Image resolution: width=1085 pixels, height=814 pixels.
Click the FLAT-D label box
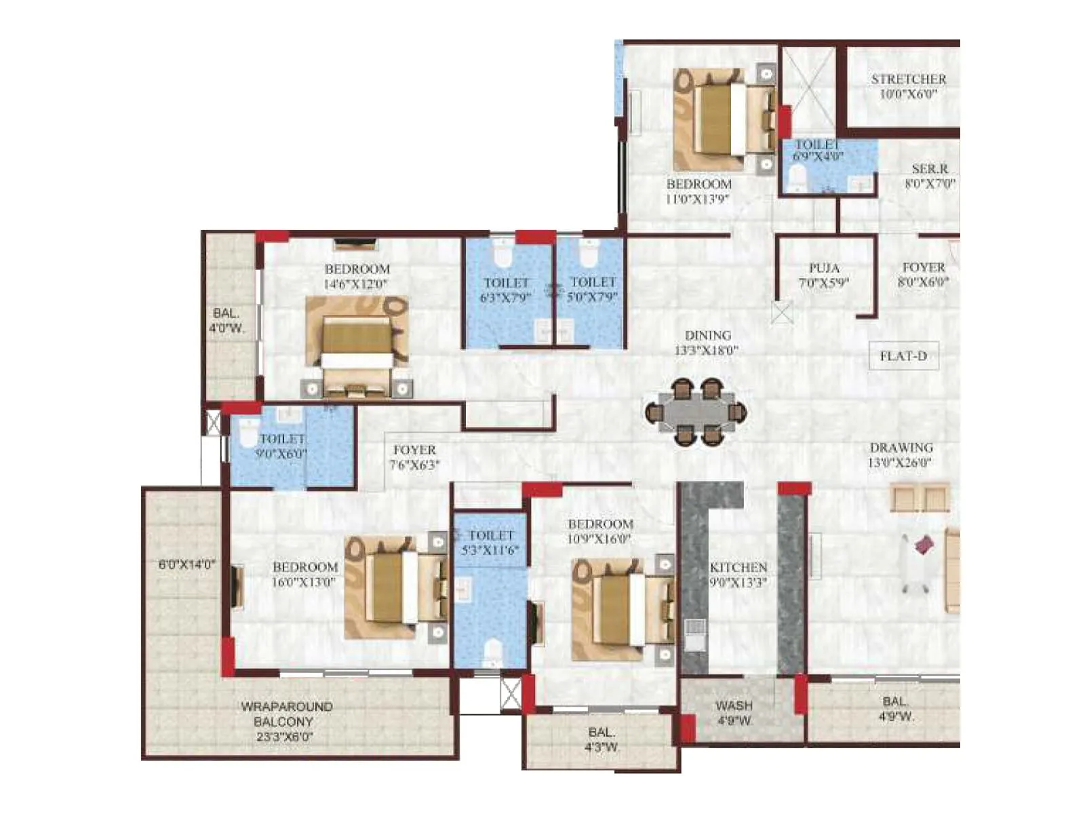point(903,356)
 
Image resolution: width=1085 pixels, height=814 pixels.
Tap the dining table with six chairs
point(696,412)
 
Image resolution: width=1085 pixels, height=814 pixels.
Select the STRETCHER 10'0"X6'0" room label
point(908,86)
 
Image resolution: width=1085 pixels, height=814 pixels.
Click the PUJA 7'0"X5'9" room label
point(823,275)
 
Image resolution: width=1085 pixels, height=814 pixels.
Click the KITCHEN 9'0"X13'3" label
point(738,574)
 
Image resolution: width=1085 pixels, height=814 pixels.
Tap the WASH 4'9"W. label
point(734,712)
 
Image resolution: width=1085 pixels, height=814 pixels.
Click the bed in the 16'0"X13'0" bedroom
point(393,587)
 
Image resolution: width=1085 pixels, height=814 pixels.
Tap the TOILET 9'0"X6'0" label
point(281,446)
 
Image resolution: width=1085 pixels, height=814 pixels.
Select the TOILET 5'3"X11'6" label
point(490,543)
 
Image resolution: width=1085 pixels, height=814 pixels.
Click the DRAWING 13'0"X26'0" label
point(901,455)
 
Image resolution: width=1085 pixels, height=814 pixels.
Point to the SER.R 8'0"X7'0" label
point(929,176)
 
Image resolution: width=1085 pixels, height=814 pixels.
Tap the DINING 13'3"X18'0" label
point(707,343)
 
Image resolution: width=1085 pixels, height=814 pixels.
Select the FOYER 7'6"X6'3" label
point(414,457)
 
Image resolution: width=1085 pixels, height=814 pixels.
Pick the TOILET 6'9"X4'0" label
point(818,150)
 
